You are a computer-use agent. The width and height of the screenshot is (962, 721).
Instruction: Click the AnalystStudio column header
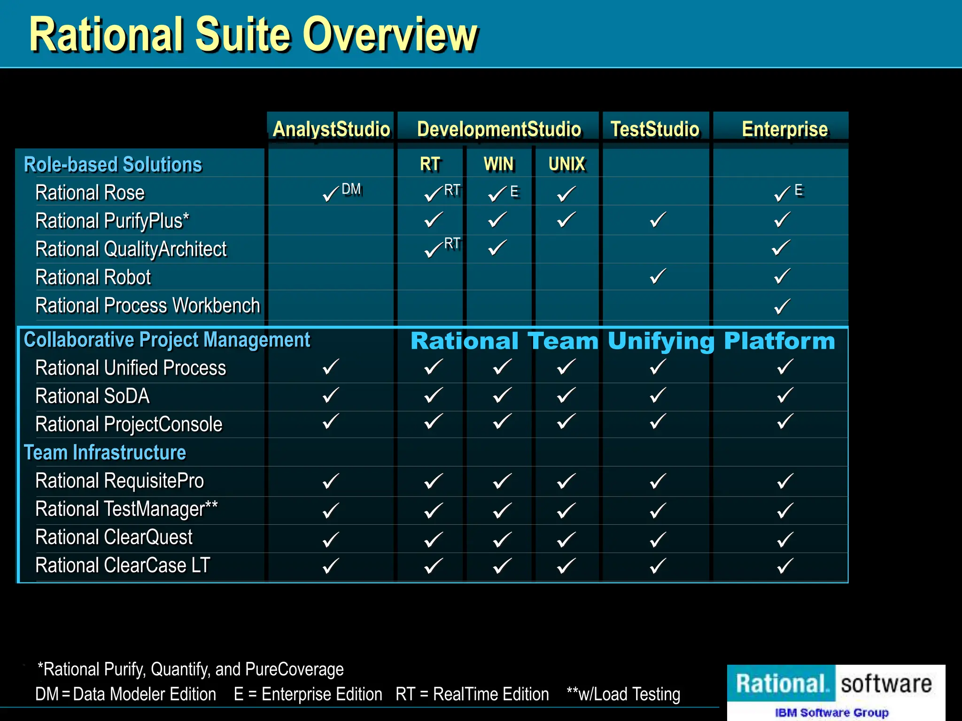coord(331,129)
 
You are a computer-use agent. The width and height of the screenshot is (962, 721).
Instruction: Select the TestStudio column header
coord(655,129)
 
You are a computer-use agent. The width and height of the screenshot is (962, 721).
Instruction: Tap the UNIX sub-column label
coord(567,164)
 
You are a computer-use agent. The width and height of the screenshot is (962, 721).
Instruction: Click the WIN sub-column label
coord(499,164)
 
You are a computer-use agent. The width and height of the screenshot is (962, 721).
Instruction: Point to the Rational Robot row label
coord(93,277)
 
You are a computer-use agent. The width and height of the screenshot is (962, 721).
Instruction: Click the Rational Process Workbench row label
coord(147,306)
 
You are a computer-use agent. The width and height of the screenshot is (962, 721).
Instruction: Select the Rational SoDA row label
coord(93,396)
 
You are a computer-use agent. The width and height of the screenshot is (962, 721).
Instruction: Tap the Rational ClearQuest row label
coord(114,537)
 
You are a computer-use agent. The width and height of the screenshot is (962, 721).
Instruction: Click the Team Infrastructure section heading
coord(105,453)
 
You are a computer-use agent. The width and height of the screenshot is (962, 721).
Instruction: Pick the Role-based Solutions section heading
coord(113,165)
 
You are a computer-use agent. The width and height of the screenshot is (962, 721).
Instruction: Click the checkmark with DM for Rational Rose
coord(332,193)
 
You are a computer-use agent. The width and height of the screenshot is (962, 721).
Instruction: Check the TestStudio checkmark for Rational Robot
coord(658,276)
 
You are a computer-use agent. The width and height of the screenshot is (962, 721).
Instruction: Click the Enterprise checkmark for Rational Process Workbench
coord(783,307)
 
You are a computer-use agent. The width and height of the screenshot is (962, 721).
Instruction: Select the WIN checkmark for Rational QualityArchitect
coord(497,247)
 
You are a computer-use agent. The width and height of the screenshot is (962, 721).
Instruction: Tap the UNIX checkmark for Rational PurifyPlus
coord(566,220)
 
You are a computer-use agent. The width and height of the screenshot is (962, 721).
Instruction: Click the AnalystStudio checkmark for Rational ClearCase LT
coord(331,566)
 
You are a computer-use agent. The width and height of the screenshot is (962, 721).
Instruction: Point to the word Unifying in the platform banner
coord(661,341)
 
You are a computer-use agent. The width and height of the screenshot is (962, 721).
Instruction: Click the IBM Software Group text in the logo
coord(831,713)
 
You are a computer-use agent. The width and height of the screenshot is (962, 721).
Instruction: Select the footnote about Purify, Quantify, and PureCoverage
coord(190,669)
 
